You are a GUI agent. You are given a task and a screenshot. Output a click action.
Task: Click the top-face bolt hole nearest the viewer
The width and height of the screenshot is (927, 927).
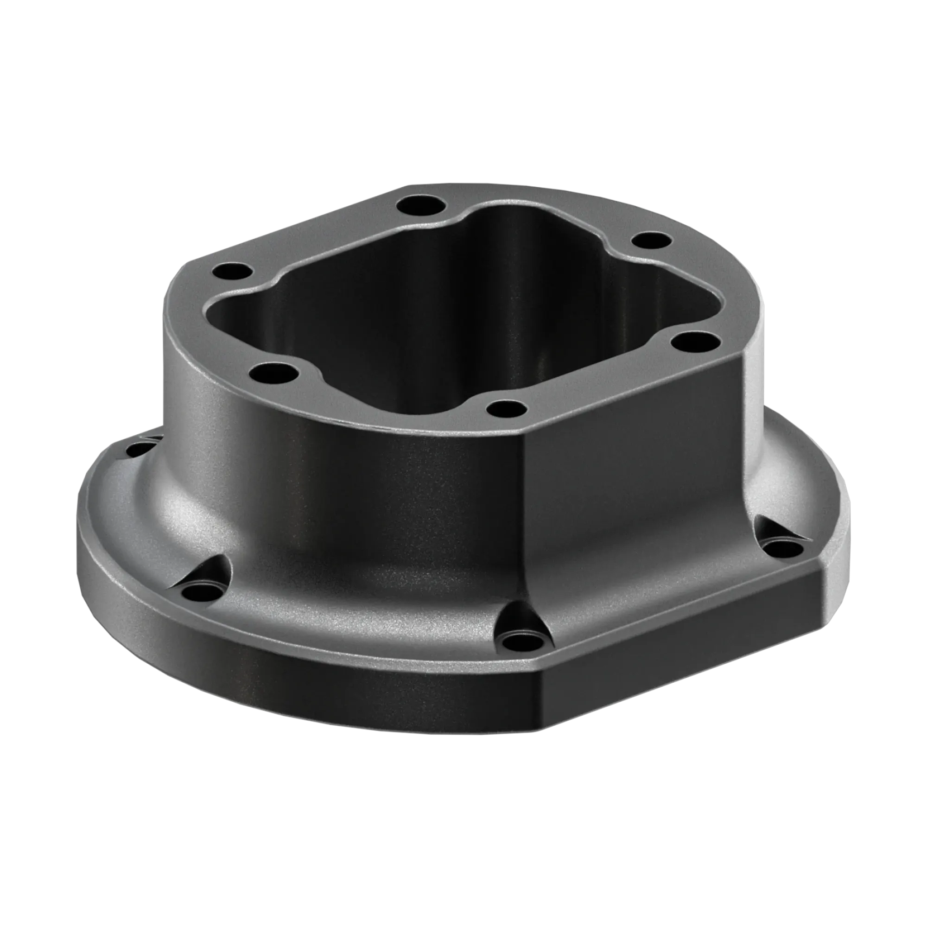(507, 409)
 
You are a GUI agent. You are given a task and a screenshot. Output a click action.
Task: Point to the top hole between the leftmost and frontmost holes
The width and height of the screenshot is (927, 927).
(273, 372)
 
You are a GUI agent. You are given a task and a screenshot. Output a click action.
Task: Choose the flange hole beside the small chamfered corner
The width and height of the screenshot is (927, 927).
(781, 548)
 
